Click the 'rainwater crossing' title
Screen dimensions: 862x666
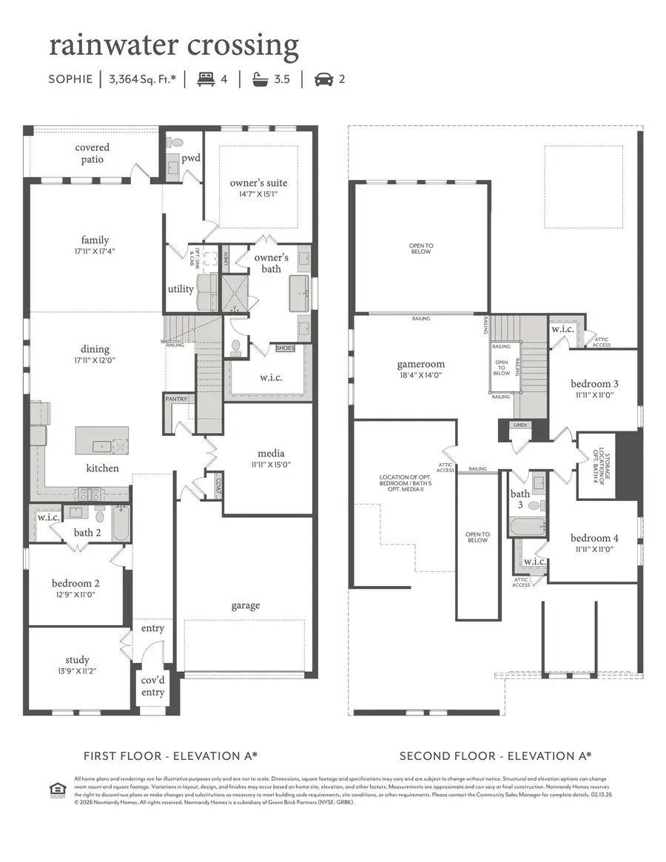click(x=174, y=46)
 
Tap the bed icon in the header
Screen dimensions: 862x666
click(x=205, y=78)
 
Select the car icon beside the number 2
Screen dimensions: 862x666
click(x=323, y=78)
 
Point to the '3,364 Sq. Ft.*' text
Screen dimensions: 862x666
click(x=142, y=79)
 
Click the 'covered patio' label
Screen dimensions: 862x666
click(x=92, y=154)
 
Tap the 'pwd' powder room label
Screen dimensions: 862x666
click(x=191, y=158)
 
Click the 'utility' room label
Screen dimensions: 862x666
click(x=181, y=289)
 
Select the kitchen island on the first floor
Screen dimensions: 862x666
click(x=101, y=440)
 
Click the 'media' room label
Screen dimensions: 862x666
click(x=271, y=454)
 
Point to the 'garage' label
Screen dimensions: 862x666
click(x=245, y=605)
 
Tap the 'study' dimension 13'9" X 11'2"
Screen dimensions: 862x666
click(x=77, y=671)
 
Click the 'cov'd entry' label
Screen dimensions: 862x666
click(x=153, y=687)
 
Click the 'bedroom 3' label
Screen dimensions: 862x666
click(x=594, y=383)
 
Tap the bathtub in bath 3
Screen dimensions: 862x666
click(x=528, y=526)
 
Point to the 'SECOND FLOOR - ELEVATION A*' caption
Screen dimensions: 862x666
click(x=495, y=755)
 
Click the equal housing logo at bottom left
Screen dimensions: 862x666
click(x=54, y=787)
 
